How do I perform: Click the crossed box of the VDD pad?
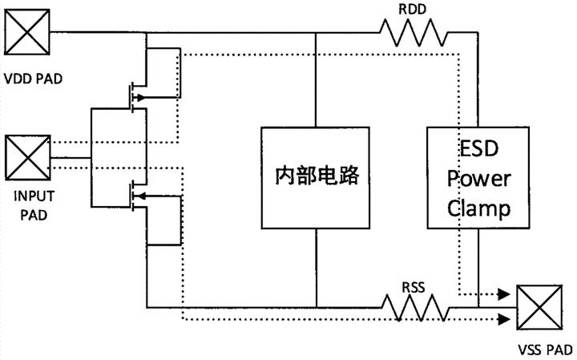[x=27, y=32]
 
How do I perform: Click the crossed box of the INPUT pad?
[x=27, y=158]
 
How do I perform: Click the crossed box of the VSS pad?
[x=539, y=307]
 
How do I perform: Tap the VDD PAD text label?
[x=33, y=79]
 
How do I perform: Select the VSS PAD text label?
[x=545, y=350]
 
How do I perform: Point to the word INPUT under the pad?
[x=34, y=196]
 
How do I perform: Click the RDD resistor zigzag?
[x=414, y=33]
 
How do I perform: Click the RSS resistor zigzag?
[x=415, y=307]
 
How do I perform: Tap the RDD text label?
[x=412, y=10]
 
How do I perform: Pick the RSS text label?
[x=414, y=288]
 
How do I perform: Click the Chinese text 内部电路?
[x=317, y=176]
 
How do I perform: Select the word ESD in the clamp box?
[x=478, y=148]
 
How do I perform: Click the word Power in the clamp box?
[x=478, y=180]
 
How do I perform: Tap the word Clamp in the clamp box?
[x=478, y=208]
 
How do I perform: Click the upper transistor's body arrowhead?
[x=139, y=98]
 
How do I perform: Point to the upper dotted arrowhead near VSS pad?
[x=504, y=294]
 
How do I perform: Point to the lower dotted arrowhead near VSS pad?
[x=504, y=319]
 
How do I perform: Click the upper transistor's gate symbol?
[x=130, y=98]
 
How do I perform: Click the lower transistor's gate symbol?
[x=130, y=196]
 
